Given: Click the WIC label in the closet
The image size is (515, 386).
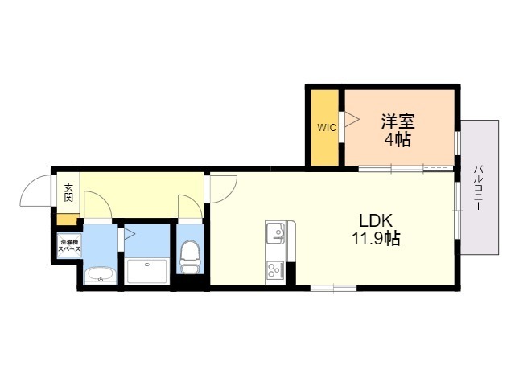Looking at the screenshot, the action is point(327,127).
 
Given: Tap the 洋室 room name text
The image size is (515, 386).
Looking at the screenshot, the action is point(398,121).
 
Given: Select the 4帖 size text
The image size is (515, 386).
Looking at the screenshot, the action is point(398,140).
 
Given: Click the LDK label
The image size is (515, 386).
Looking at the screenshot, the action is point(376,220).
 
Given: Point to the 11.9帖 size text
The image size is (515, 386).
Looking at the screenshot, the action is point(376,238).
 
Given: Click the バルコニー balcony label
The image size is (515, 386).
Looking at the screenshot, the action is point(480,188).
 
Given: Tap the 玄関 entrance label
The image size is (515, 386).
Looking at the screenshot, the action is point(68,193).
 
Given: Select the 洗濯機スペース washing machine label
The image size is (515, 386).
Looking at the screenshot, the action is point(69,246).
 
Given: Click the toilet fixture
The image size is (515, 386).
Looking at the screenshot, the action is point(189,257).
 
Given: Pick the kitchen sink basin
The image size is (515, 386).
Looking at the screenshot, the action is point(275,232).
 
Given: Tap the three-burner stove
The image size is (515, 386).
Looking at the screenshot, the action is point(275,271).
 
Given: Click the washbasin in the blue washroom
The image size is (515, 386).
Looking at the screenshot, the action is point(101,276).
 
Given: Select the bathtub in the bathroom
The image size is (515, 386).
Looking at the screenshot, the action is point(146,272).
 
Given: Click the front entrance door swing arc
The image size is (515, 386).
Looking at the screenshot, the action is point(31,185).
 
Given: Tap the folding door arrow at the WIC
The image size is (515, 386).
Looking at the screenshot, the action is point(352,119).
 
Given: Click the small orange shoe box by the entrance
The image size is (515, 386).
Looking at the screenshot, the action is point(68,220).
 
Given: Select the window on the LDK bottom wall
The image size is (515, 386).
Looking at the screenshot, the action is point(333,289).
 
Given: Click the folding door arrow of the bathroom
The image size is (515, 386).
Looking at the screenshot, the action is point(129,234).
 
